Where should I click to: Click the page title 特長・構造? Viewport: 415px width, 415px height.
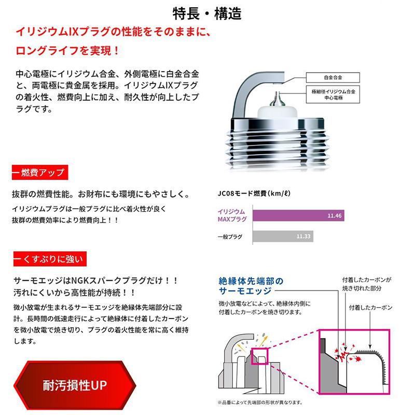click(x=207, y=13)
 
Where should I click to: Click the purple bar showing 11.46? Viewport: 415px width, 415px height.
click(x=298, y=216)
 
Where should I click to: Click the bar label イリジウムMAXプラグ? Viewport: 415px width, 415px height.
click(x=231, y=216)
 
